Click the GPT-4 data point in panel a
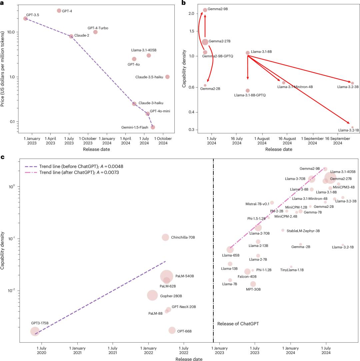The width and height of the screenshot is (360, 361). pos(59,11)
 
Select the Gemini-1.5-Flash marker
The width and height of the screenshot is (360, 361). pos(153,127)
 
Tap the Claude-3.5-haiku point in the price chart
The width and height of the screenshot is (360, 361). pos(167,77)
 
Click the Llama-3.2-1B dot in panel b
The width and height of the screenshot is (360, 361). pos(352,127)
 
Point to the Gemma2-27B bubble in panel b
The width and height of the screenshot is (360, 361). pos(205,42)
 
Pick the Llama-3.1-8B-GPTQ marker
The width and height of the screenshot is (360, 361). pos(248,90)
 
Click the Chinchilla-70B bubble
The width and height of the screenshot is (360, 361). pos(165,237)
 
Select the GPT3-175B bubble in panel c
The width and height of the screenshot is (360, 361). pos(35,331)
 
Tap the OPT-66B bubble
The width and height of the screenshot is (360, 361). pos(172,330)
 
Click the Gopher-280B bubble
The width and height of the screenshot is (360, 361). pos(152,295)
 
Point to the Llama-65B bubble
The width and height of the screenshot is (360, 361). pos(230,250)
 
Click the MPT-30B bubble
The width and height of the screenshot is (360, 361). pos(253,284)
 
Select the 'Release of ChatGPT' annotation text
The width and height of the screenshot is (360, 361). pos(238,324)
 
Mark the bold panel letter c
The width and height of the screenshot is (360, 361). pos(2,156)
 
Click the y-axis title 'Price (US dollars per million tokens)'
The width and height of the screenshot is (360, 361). pos(4,69)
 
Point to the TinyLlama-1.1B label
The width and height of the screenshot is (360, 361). pos(292,270)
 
